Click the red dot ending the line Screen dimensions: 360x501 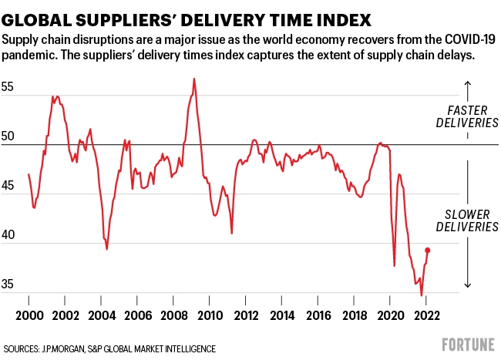pos(428,250)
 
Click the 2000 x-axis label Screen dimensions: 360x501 pos(29,317)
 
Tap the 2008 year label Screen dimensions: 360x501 pos(173,317)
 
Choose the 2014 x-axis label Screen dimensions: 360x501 pos(282,317)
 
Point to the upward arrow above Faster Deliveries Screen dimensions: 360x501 pos(467,88)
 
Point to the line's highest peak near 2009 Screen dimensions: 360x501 pos(193,79)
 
